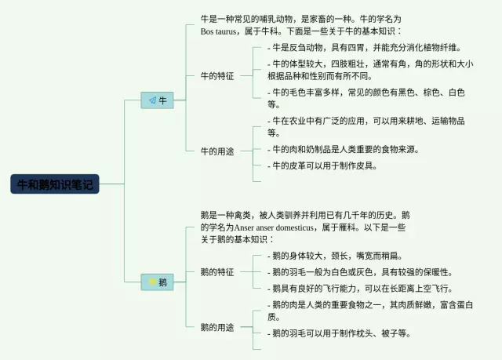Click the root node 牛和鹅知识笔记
point(56,184)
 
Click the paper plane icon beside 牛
point(149,100)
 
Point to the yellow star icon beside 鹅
point(151,282)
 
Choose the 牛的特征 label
point(216,76)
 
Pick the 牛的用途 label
point(216,151)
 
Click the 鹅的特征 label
point(216,272)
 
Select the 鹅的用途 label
point(216,326)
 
